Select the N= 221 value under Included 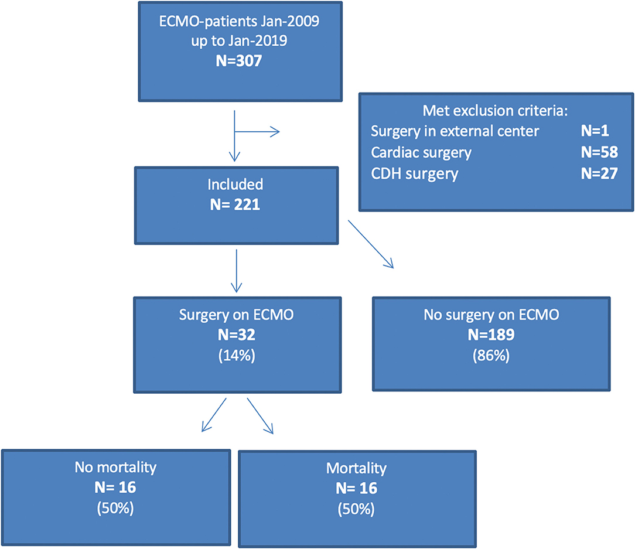pyautogui.click(x=236, y=203)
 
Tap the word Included pyautogui.click(x=236, y=185)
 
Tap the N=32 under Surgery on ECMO pyautogui.click(x=236, y=335)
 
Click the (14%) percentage pyautogui.click(x=236, y=354)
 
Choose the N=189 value pyautogui.click(x=491, y=335)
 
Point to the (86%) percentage pyautogui.click(x=491, y=354)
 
